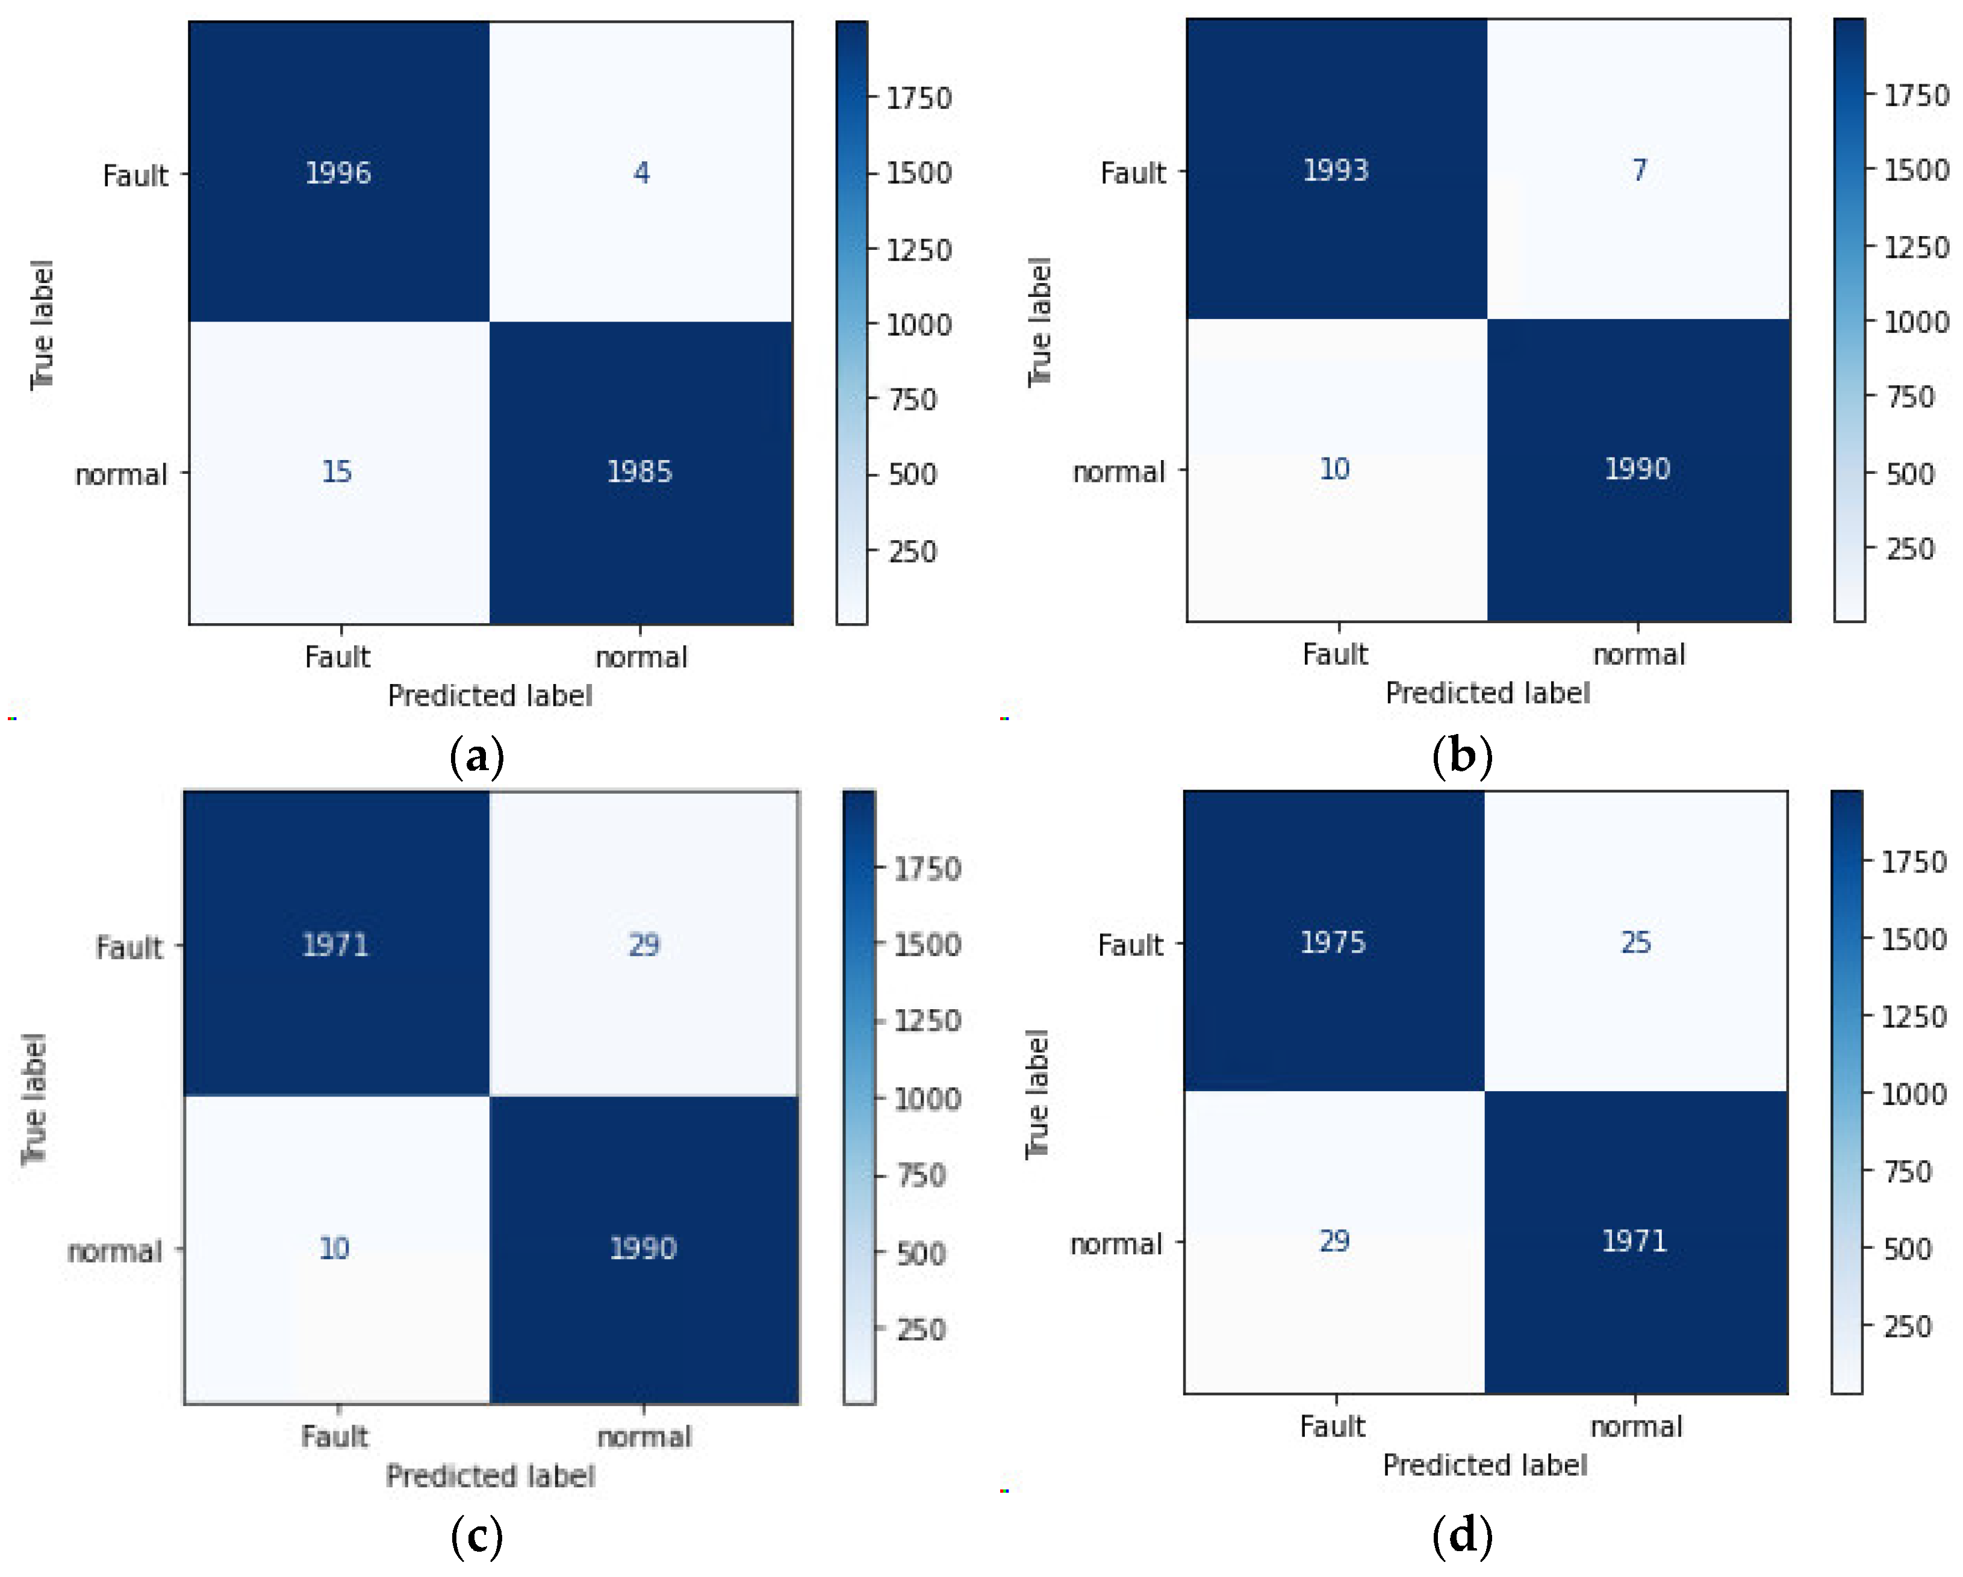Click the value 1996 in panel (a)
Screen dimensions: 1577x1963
click(x=338, y=172)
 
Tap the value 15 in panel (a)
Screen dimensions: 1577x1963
click(x=336, y=471)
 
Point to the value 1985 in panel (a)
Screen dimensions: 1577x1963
click(x=639, y=471)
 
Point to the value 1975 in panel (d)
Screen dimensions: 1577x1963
click(x=1333, y=942)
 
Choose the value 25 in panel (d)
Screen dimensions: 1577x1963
click(x=1635, y=942)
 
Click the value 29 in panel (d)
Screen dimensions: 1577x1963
click(x=1334, y=1240)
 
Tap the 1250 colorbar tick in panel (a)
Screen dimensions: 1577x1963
click(x=919, y=249)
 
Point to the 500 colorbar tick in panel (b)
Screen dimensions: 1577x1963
click(x=1909, y=473)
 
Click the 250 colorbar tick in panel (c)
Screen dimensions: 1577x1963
click(x=921, y=1330)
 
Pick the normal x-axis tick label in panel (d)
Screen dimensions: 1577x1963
click(x=1636, y=1426)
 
